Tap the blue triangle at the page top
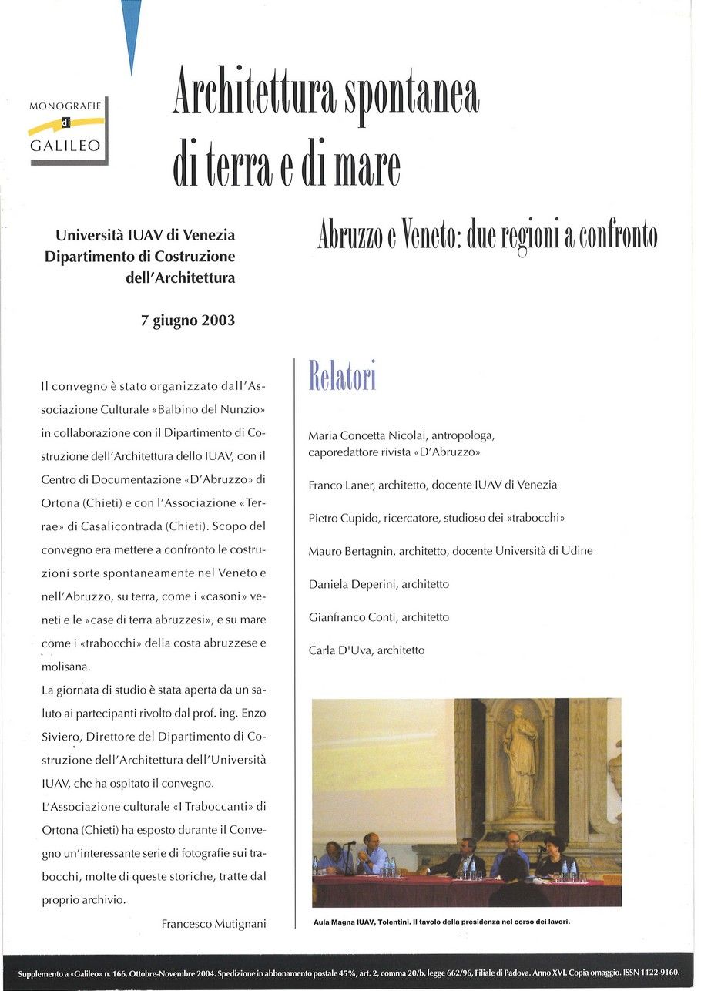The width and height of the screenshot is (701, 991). pyautogui.click(x=132, y=31)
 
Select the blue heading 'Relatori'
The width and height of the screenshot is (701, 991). pyautogui.click(x=342, y=376)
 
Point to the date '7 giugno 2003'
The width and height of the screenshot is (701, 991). pyautogui.click(x=188, y=321)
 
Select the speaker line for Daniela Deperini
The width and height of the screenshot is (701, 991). pyautogui.click(x=378, y=584)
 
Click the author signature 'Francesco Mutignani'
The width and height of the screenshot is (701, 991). pyautogui.click(x=213, y=924)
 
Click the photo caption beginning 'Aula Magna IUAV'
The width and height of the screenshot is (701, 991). pyautogui.click(x=441, y=921)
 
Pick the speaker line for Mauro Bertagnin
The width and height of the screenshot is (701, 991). pyautogui.click(x=451, y=551)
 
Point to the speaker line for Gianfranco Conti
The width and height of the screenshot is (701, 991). pyautogui.click(x=378, y=617)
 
